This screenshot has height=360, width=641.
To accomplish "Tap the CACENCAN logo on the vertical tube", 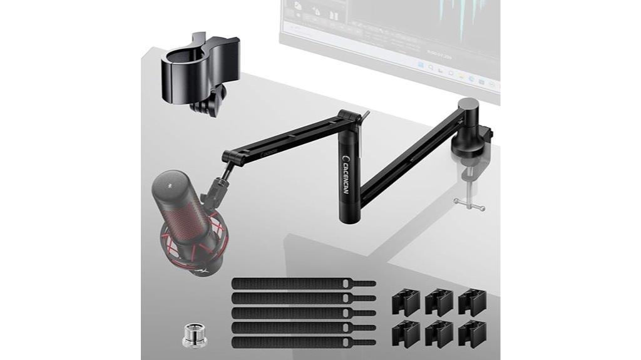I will (x=347, y=169).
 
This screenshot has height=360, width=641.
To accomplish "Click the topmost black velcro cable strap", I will (x=303, y=284).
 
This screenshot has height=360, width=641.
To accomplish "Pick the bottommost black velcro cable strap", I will (x=303, y=342).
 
